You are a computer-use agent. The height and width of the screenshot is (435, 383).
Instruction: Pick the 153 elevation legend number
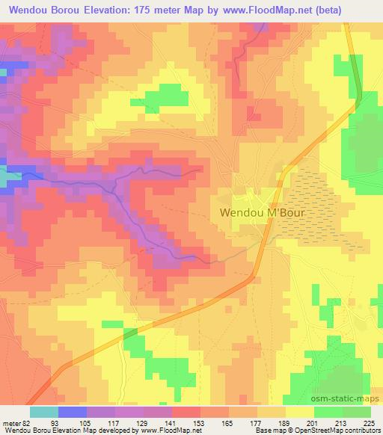pos(200,423)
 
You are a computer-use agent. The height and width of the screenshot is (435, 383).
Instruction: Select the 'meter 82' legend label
pos(16,423)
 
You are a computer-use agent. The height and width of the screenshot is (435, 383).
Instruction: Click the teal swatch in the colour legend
pos(43,412)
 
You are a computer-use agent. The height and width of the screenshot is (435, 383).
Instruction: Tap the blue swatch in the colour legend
pos(72,412)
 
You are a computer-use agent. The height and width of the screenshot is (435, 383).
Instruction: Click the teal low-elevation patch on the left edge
pos(7,178)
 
